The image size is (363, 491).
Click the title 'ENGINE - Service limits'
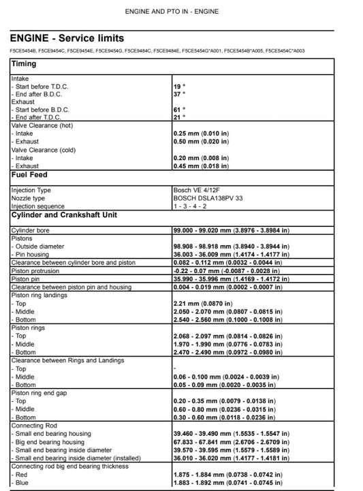[x=67, y=38]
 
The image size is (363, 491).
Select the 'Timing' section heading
[x=24, y=64]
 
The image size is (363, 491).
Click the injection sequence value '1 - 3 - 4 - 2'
[x=190, y=206]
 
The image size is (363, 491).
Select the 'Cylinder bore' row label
[x=30, y=231]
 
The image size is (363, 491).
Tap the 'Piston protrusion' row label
[x=35, y=270]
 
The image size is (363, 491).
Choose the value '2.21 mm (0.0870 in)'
[x=204, y=302]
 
